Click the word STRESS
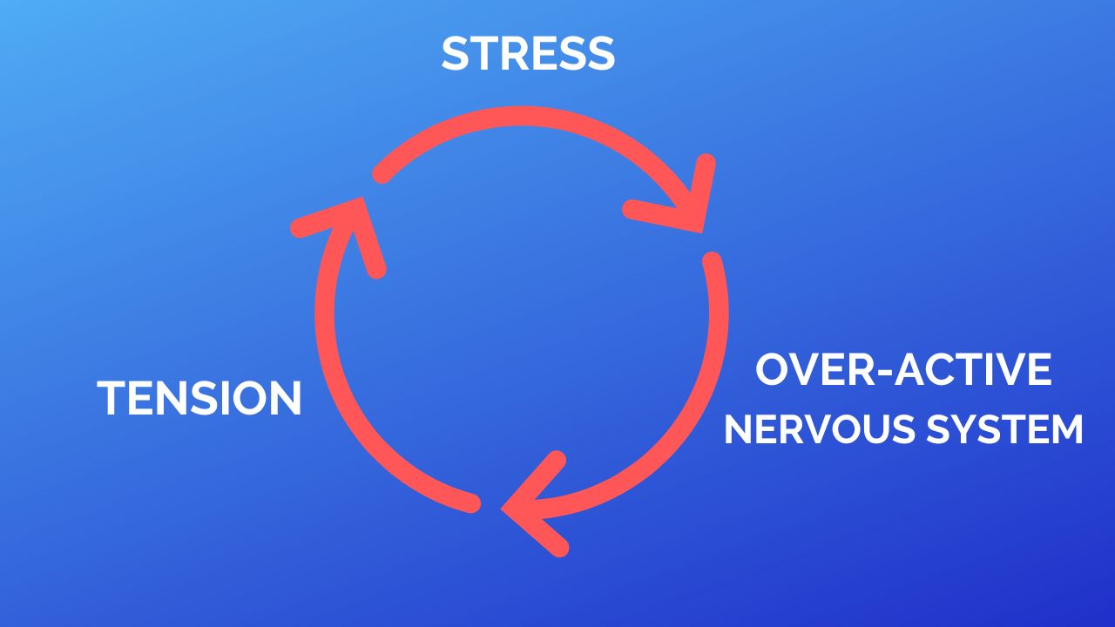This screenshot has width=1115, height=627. pyautogui.click(x=528, y=54)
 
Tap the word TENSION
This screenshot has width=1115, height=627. pyautogui.click(x=199, y=398)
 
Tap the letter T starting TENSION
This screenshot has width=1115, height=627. pyautogui.click(x=110, y=398)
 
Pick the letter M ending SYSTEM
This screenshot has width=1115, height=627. pyautogui.click(x=1064, y=430)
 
